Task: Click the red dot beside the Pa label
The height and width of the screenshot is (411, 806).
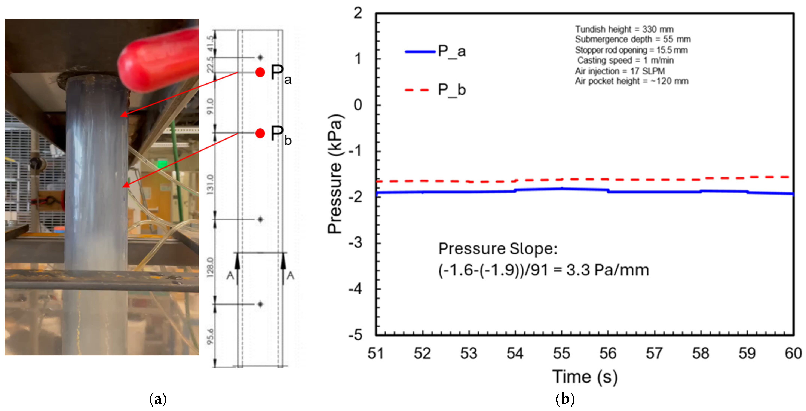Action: [260, 72]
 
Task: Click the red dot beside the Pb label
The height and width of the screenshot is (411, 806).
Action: [260, 133]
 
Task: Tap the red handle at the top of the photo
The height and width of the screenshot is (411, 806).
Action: [158, 61]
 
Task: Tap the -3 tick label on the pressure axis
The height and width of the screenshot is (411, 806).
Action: [356, 243]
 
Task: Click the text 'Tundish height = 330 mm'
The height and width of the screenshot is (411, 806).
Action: [624, 29]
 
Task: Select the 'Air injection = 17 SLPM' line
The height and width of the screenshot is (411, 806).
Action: [620, 71]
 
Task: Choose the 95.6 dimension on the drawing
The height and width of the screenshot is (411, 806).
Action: [210, 336]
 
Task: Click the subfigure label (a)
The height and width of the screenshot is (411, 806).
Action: [158, 399]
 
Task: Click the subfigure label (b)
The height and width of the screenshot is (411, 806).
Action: [565, 399]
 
